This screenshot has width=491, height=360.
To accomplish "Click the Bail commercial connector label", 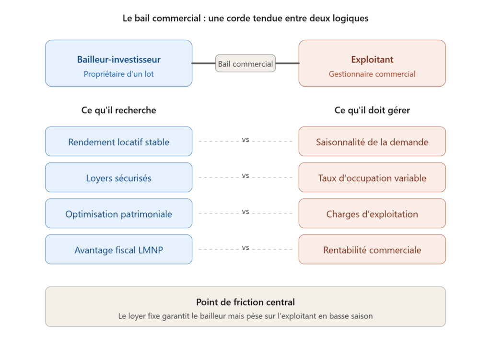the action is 245,64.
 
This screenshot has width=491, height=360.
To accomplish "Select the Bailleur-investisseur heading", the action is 119,59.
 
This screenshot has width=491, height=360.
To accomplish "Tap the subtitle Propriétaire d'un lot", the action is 119,74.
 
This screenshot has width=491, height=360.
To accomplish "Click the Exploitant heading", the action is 372,59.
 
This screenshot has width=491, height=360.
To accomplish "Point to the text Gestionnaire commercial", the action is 372,74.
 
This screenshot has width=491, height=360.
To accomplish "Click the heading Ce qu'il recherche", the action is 119,110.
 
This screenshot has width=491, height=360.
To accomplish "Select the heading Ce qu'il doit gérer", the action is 372,110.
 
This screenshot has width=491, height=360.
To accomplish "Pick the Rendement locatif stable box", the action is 119,141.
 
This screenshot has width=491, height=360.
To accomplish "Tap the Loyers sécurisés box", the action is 119,177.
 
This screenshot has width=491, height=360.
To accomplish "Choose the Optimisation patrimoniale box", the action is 119,213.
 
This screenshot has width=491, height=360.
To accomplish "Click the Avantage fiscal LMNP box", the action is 119,249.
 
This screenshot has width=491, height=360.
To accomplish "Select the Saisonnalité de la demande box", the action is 372,141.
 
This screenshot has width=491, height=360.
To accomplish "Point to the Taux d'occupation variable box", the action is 372,177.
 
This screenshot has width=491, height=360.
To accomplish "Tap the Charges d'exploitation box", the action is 372,213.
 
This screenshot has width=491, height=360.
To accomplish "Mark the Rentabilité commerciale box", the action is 372,249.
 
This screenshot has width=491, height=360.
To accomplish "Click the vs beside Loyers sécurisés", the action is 245,176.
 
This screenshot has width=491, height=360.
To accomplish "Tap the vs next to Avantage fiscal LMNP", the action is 245,248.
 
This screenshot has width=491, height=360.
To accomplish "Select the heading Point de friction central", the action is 245,302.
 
